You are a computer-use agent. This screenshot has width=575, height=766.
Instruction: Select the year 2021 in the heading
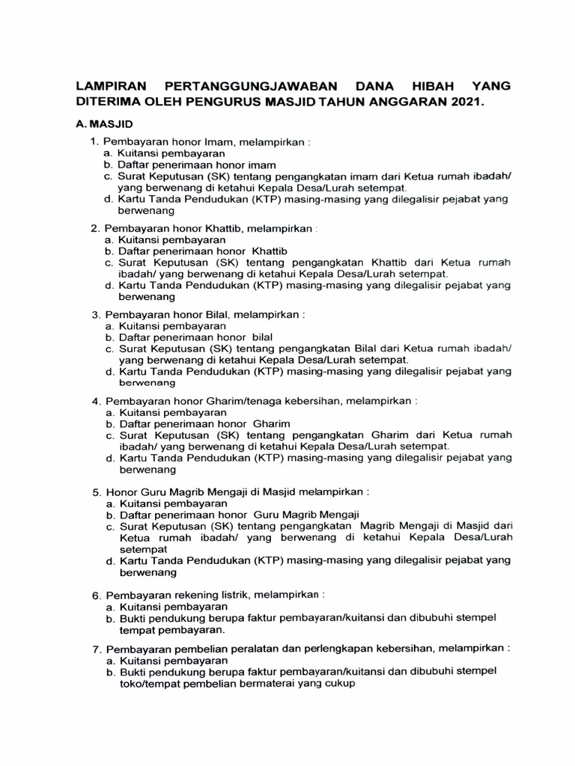point(467,101)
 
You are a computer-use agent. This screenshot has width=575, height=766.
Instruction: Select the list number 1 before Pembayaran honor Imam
point(94,141)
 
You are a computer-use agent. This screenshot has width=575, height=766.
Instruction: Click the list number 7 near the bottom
point(96,648)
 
